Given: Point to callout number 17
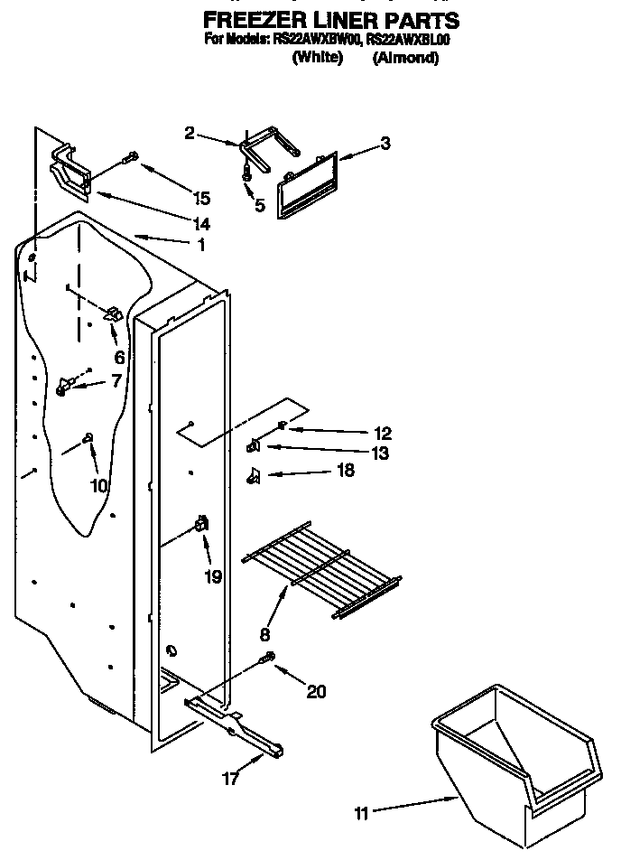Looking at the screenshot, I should click(x=231, y=779).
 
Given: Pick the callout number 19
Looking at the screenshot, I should click(x=213, y=576).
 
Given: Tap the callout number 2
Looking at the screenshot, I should click(x=190, y=133).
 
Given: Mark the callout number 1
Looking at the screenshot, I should click(x=200, y=245).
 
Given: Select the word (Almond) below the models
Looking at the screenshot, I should click(x=405, y=58).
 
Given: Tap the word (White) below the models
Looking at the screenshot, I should click(x=318, y=58).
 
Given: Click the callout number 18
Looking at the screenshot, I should click(x=344, y=471).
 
